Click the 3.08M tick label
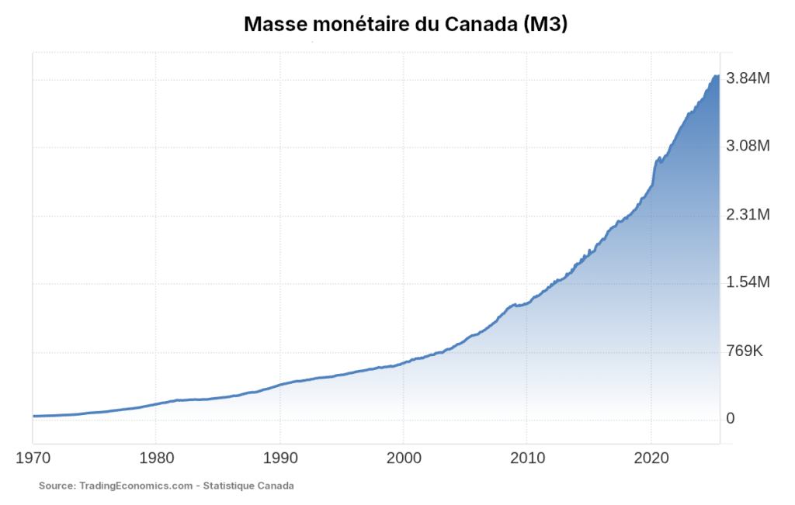tap(747, 147)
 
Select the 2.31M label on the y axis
tap(747, 215)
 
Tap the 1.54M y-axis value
tap(747, 283)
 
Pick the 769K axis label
tap(745, 351)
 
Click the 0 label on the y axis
tap(730, 420)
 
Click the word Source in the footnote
tap(56, 486)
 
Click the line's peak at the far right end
tap(717, 76)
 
